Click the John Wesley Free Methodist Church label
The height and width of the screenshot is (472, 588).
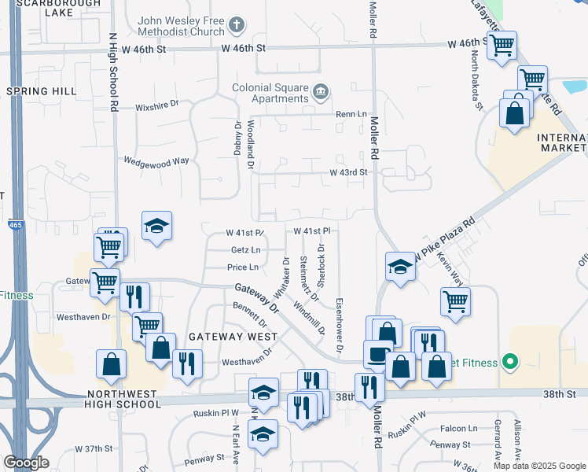pos(182,26)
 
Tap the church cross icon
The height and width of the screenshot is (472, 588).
pos(236,27)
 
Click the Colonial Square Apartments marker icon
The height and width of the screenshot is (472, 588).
pos(321,93)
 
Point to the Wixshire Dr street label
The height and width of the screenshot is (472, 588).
pos(157,103)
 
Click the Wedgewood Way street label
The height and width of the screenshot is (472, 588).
pos(156,160)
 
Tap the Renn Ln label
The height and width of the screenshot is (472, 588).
pos(351,114)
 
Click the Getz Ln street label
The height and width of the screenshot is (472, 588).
pos(245,250)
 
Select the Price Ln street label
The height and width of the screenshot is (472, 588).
pos(243,267)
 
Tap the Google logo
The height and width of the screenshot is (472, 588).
pos(26,463)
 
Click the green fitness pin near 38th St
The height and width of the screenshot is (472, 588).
pos(510,363)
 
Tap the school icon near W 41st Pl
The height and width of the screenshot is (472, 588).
pos(157,227)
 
